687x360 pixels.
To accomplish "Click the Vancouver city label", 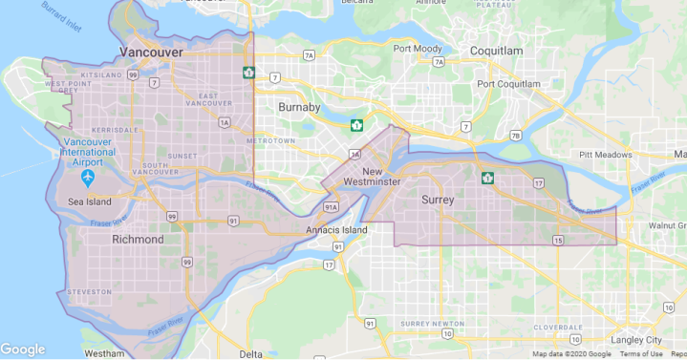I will [151, 52].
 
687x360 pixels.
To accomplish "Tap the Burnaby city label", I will [298, 108].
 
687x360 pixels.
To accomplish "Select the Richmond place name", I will [138, 240].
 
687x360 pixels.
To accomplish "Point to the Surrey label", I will [438, 200].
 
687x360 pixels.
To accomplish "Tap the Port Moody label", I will [417, 49].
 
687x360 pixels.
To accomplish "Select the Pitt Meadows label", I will [606, 154].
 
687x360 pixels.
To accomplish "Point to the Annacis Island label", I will [336, 231].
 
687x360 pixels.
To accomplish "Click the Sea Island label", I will [90, 201].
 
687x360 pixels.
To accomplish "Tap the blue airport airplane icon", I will [89, 178].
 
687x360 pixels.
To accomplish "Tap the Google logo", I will [23, 349].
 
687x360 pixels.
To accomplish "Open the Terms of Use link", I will [641, 354].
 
